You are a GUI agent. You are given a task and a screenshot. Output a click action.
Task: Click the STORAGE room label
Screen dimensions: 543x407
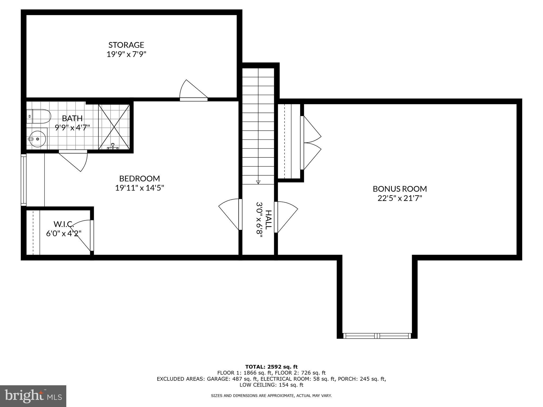click(126, 45)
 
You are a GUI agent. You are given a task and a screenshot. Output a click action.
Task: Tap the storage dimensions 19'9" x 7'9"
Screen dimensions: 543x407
click(126, 54)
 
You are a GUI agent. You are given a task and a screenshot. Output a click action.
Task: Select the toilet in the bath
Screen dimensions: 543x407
click(39, 116)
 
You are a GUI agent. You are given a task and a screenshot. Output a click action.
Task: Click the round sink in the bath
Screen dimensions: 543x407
click(37, 139)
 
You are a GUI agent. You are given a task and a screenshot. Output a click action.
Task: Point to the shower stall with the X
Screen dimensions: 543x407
click(114, 127)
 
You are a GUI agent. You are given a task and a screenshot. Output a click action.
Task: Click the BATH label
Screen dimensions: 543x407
click(72, 118)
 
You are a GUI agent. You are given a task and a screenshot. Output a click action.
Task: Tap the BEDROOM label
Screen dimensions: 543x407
click(139, 178)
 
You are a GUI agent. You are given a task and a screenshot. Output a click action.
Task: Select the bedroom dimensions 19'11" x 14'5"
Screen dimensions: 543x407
click(139, 188)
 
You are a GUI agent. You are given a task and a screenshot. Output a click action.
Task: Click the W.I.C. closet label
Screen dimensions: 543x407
click(64, 224)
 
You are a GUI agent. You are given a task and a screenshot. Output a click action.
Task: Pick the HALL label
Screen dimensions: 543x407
click(269, 220)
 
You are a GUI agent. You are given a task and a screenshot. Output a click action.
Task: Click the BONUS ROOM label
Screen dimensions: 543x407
click(400, 189)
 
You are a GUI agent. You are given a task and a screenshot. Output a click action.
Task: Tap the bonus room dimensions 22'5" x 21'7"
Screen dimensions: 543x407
click(400, 198)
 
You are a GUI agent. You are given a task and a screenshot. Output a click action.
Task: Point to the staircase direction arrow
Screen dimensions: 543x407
click(258, 182)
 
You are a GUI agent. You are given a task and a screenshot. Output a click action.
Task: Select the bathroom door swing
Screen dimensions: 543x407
click(73, 161)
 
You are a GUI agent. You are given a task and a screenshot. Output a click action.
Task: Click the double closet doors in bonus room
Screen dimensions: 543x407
click(311, 143)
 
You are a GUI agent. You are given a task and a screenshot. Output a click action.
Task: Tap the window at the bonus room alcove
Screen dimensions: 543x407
click(377, 336)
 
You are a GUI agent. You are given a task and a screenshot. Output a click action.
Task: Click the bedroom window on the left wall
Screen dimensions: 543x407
click(24, 180)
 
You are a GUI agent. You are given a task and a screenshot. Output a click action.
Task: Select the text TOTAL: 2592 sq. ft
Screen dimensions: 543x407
click(271, 367)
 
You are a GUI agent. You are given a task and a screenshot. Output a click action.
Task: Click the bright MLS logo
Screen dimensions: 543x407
click(33, 396)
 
